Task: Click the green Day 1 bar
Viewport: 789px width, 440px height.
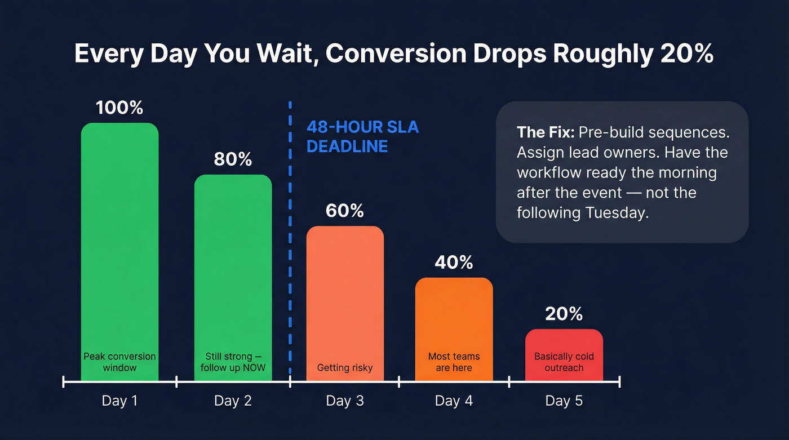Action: [119, 237]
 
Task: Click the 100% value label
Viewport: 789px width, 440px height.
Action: [119, 108]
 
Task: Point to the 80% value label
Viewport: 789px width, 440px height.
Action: [233, 159]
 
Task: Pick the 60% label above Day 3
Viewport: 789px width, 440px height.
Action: [345, 211]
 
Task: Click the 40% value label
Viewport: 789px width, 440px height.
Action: [454, 262]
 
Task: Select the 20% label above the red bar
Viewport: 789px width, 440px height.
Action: [564, 314]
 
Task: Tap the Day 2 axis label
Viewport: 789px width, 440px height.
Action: [233, 401]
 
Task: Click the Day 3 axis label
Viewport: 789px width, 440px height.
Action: [345, 401]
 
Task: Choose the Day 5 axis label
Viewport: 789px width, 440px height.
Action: [564, 401]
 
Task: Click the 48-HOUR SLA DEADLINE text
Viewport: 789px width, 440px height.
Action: [362, 136]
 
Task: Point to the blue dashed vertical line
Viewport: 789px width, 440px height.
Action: [290, 254]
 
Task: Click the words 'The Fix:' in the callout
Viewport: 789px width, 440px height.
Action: [545, 133]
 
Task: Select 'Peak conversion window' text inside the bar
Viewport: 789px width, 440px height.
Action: [119, 362]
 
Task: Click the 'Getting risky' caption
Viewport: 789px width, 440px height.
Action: [345, 368]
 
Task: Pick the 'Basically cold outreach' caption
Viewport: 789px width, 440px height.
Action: [564, 362]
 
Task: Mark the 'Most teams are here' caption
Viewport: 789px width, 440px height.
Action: [454, 362]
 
